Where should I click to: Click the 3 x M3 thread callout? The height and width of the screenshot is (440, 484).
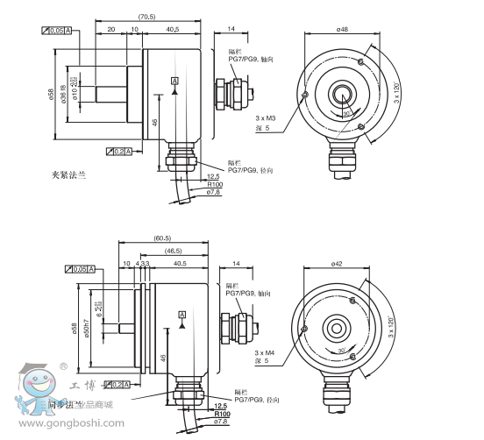tap(266, 117)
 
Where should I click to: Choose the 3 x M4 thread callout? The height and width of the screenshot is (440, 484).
tap(266, 350)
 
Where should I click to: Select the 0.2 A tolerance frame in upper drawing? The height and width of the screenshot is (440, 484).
tap(117, 152)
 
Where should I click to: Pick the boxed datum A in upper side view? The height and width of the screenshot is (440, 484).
tap(174, 81)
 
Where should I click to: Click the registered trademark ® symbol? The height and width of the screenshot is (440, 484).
tap(63, 365)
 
